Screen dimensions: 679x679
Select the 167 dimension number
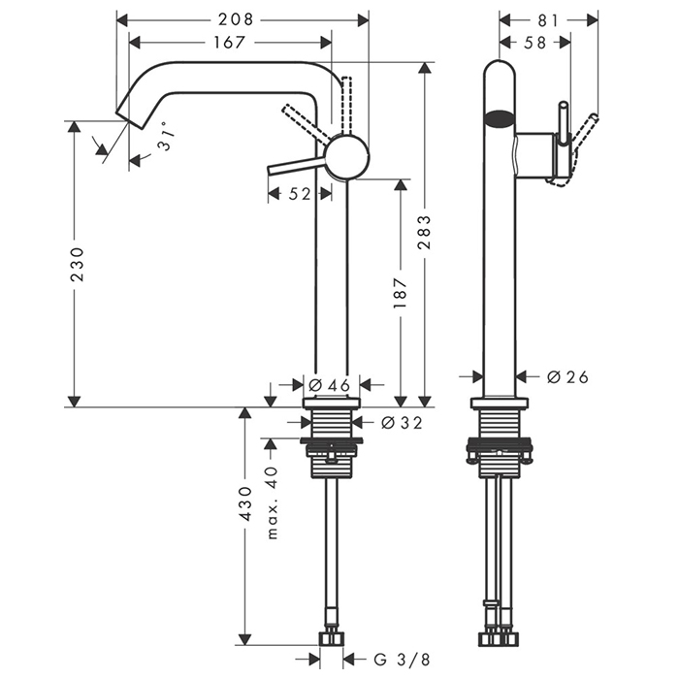point(230,42)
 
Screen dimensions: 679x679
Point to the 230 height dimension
point(78,263)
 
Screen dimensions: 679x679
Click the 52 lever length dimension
point(300,194)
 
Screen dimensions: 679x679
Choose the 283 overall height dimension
point(425,233)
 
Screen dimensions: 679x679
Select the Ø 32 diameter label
point(401,422)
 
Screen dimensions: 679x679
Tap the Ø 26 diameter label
point(567,376)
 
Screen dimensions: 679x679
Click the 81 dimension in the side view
point(547,17)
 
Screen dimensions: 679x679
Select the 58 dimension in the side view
point(534,42)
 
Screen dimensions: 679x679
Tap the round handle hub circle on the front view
point(346,157)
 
